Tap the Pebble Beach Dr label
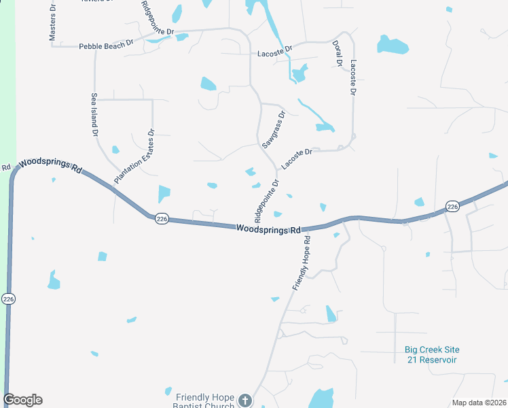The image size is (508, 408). (x=106, y=46)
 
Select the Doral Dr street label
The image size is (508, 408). (x=338, y=53)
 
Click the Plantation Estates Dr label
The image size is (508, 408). (x=136, y=156)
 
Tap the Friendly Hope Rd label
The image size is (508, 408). (x=302, y=263)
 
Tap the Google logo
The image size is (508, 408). (x=23, y=400)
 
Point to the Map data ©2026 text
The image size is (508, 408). (x=479, y=403)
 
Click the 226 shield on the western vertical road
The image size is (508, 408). (x=8, y=299)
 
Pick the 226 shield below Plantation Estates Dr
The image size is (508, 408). (x=161, y=219)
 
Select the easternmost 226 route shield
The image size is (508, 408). (x=452, y=206)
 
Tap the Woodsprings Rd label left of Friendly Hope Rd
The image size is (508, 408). (x=268, y=230)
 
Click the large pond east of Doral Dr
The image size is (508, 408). (x=393, y=45)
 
